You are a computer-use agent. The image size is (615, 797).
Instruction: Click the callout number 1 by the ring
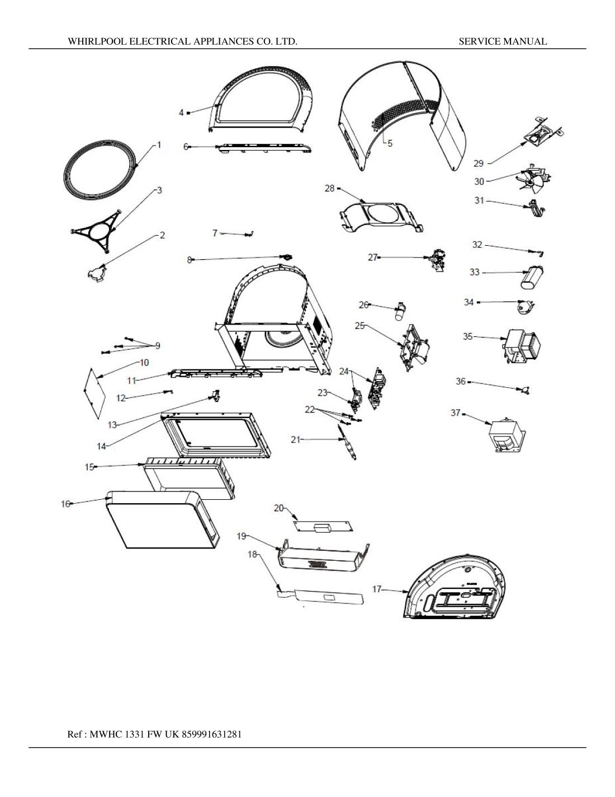[x=159, y=145]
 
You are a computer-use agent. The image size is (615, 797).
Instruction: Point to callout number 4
[x=181, y=112]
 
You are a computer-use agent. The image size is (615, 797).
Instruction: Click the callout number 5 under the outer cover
[x=390, y=143]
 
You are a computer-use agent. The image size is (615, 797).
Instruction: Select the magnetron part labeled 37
[x=507, y=435]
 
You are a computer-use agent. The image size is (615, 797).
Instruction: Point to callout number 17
[x=377, y=589]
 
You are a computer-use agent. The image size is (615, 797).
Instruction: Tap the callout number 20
[x=278, y=508]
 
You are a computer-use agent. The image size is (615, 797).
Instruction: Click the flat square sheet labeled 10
[x=94, y=392]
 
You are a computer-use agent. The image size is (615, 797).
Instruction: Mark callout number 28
[x=329, y=189]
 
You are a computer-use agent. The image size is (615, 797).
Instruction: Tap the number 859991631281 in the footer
[x=212, y=734]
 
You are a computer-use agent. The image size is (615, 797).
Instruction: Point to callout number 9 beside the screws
[x=158, y=346]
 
